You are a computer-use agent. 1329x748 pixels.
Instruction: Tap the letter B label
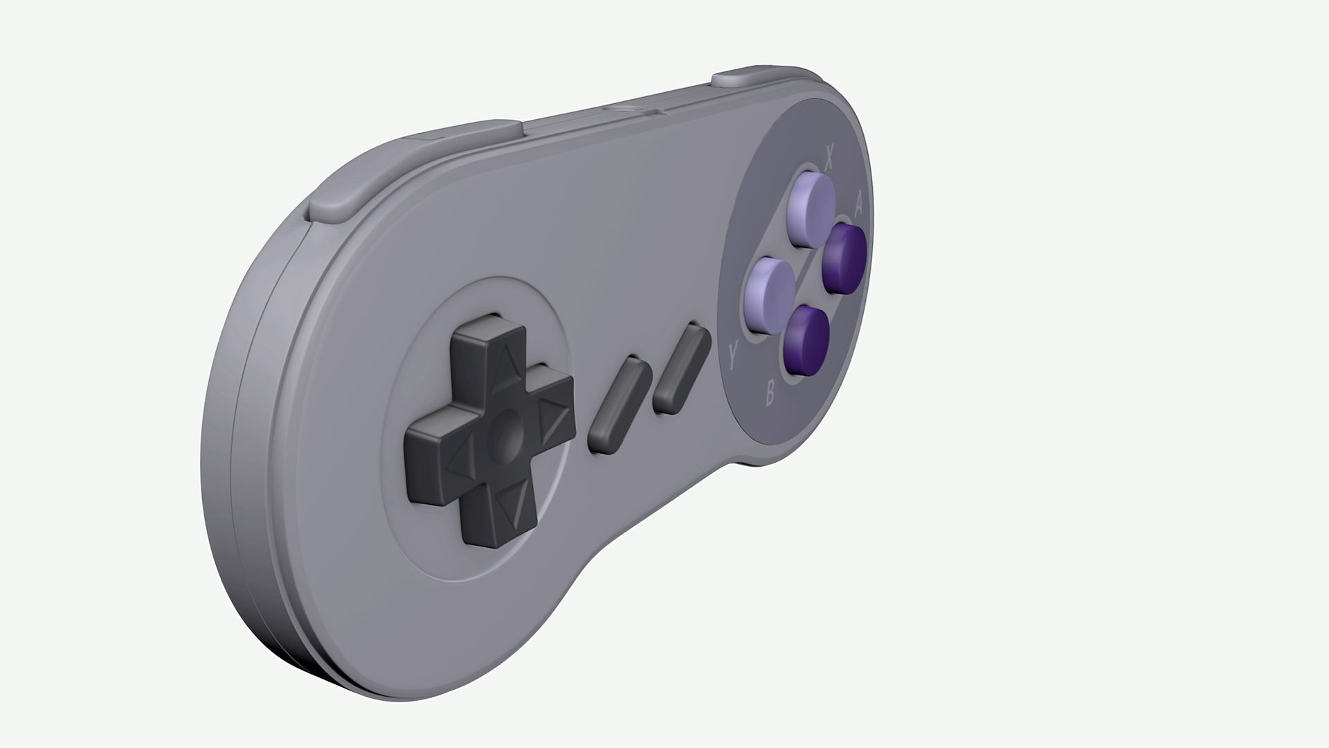pyautogui.click(x=770, y=395)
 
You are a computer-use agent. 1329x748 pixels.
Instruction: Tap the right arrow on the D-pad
pyautogui.click(x=553, y=420)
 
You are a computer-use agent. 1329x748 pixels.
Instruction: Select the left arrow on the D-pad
pyautogui.click(x=459, y=459)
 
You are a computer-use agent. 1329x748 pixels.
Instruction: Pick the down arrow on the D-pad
pyautogui.click(x=513, y=506)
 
